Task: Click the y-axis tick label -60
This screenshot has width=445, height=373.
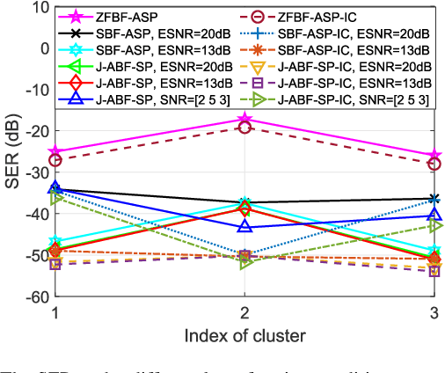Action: (37, 297)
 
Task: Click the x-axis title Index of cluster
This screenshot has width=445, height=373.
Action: (245, 334)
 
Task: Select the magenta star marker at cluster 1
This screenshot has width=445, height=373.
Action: (56, 151)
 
